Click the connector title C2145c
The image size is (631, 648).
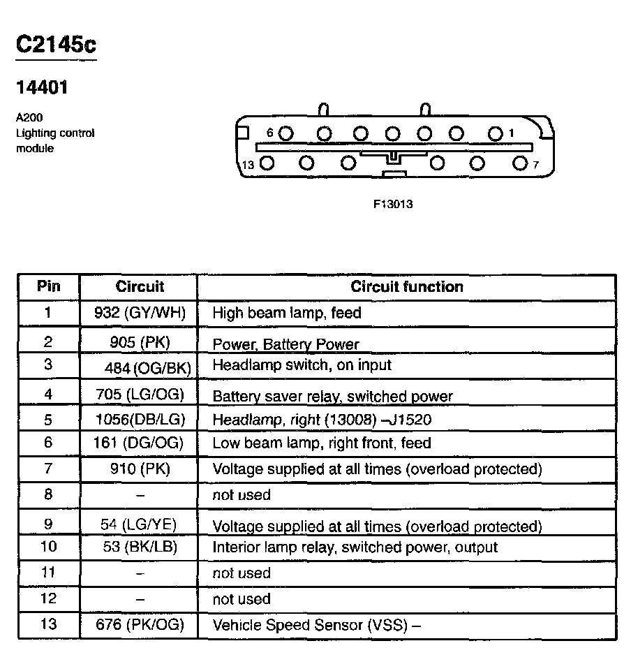pos(55,45)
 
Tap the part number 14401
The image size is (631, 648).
pos(42,89)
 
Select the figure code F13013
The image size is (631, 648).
pos(393,205)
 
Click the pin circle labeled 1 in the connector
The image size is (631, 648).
pos(496,133)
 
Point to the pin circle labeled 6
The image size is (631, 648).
pos(286,133)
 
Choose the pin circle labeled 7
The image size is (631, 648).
pos(519,164)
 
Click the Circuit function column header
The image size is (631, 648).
pos(406,286)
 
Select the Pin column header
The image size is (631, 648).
pos(48,286)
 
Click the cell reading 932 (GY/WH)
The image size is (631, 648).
pos(140,313)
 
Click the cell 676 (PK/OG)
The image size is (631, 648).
pos(140,625)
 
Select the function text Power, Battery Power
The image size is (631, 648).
pos(285,344)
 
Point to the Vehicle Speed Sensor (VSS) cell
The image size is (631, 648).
pos(316,626)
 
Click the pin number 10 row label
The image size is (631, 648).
pos(48,547)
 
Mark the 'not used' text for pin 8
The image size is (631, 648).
pos(241,495)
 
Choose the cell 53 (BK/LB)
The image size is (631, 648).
pos(140,547)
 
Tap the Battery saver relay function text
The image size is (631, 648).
pos(332,396)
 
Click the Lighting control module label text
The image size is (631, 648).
pos(55,133)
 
